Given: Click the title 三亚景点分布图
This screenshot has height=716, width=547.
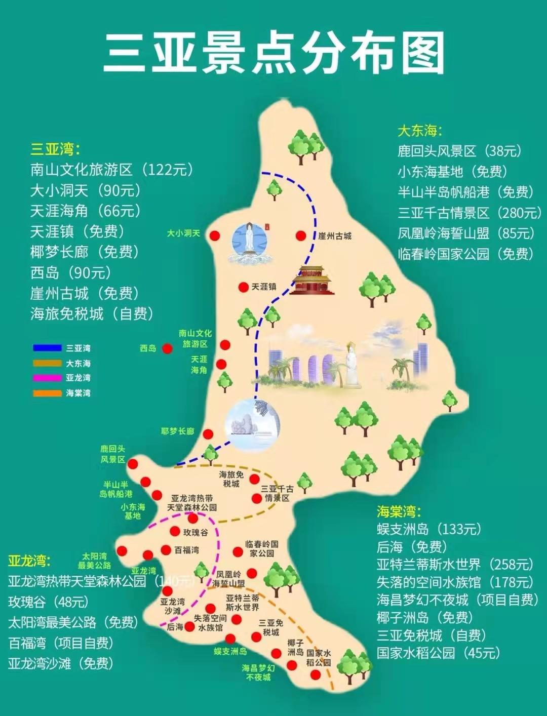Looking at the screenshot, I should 273,53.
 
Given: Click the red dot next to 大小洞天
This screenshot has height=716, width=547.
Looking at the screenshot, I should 215,236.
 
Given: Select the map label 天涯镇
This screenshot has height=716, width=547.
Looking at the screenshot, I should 264,287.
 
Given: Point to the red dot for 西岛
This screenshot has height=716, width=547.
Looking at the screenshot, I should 167,348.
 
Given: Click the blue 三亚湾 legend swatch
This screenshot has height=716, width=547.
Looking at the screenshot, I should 47,348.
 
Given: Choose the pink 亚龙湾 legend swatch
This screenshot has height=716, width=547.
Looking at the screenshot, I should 47,378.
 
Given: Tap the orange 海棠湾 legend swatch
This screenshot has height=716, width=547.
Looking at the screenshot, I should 47,393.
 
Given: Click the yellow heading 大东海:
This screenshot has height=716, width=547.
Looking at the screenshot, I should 419,131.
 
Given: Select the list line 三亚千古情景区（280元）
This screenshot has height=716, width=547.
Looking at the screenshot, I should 469,213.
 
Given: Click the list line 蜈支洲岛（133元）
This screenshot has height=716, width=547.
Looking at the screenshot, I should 429,529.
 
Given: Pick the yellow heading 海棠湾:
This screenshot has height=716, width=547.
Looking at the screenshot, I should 399,511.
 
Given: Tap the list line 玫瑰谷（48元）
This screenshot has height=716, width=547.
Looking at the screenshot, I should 49,602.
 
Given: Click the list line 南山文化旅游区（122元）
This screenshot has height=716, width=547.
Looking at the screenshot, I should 111,170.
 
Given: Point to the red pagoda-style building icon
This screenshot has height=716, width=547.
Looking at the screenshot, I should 312,280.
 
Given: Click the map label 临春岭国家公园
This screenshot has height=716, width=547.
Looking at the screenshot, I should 262,548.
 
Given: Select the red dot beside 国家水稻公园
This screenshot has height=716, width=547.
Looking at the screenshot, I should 316,674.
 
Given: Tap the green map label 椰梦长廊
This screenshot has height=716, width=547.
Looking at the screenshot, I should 177,431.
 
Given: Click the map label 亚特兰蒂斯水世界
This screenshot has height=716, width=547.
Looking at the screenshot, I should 243,603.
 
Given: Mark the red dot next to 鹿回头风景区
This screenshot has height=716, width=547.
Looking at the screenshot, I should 133,464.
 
